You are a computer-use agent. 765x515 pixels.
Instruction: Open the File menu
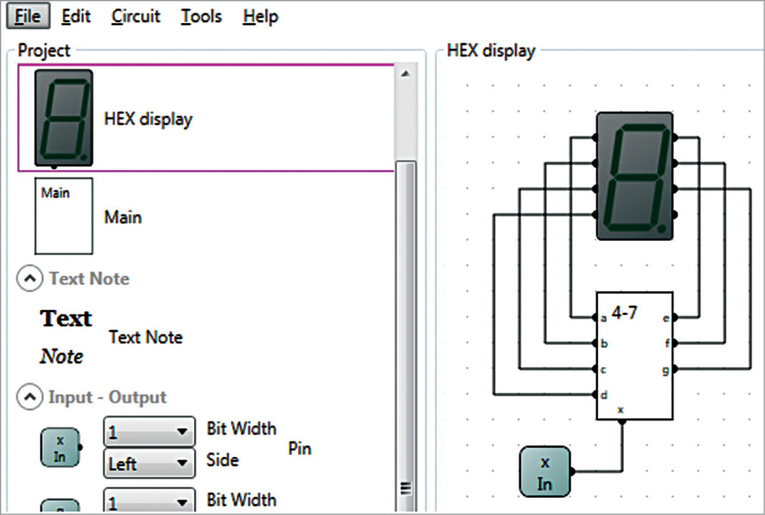pos(28,16)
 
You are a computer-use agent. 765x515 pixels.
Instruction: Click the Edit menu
pos(76,16)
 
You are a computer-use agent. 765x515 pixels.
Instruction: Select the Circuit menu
pos(136,16)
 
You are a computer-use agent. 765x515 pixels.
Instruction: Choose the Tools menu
pos(201,16)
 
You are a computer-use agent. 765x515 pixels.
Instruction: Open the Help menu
pos(260,16)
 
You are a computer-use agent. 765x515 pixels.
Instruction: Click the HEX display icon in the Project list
pos(64,118)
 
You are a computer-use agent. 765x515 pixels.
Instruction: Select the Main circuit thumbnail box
pos(64,216)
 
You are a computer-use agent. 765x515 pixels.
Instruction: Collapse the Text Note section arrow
pos(29,279)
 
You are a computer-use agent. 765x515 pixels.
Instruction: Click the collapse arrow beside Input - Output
pos(29,397)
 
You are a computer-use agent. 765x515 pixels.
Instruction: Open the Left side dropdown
pos(149,464)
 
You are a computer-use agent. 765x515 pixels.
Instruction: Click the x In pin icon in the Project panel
pos(60,447)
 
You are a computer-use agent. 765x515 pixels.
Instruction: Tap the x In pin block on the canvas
pos(545,471)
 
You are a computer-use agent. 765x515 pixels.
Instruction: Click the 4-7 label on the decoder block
pos(625,313)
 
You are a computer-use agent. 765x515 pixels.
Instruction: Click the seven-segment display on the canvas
pos(635,176)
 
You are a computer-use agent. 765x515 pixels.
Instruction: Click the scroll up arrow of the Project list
pos(404,74)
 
